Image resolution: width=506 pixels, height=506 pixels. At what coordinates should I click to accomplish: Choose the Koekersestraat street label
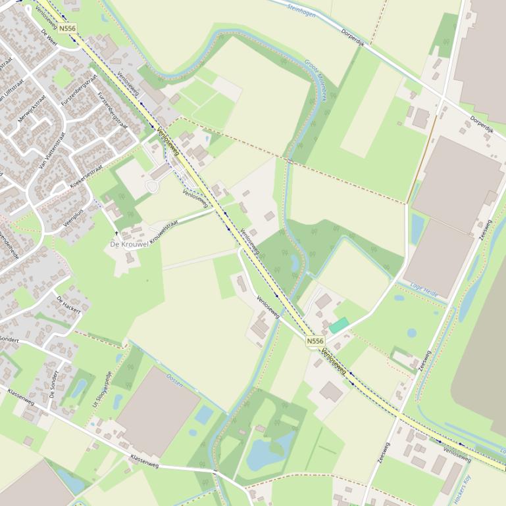coord(86,177)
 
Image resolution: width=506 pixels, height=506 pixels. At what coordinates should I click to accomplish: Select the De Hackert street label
coord(68,304)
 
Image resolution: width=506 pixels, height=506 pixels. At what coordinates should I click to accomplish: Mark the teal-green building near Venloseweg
coord(339,325)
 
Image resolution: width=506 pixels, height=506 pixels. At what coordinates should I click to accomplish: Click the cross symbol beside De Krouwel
coord(117,233)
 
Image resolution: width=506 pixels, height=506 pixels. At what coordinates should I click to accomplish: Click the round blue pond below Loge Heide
coord(411,333)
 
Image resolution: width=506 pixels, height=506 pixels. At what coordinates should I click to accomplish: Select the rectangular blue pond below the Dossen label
coord(204,415)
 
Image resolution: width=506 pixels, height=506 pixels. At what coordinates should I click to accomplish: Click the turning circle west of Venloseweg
coord(152,187)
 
